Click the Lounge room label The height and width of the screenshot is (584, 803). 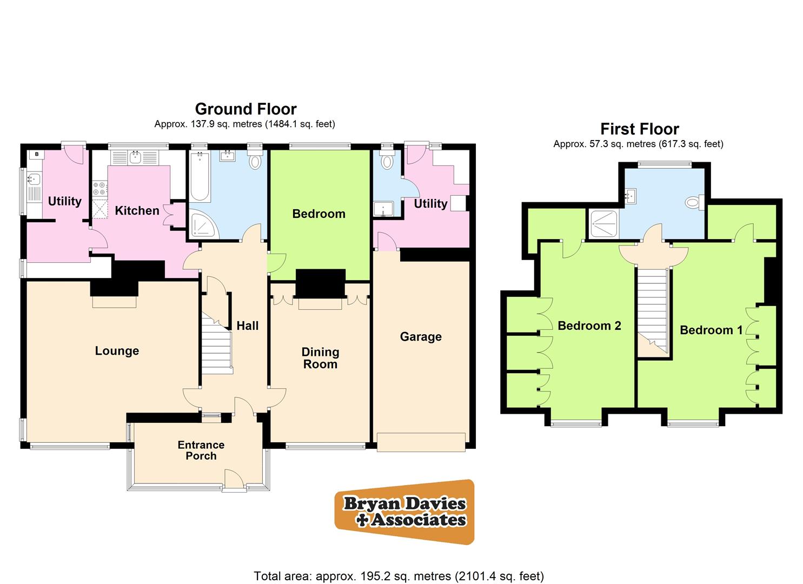coord(117,351)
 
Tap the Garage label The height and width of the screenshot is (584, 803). coord(421,337)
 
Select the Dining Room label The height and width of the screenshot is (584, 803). coord(320,358)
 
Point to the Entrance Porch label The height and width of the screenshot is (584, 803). coord(201,450)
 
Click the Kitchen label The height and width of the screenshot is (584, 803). coord(137,210)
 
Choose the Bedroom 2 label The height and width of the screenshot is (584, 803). coord(589,326)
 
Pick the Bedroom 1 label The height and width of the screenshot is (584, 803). coord(711,330)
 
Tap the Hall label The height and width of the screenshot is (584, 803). coord(248,326)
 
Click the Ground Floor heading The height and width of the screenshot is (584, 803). coord(245,109)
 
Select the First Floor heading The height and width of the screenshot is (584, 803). coord(639,129)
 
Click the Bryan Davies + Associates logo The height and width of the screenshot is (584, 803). coord(404,512)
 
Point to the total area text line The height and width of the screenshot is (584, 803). coord(399,576)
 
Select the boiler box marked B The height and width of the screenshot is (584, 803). coord(37,155)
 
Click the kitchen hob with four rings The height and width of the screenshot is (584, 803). coord(99,189)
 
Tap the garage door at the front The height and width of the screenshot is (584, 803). coord(421,442)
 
